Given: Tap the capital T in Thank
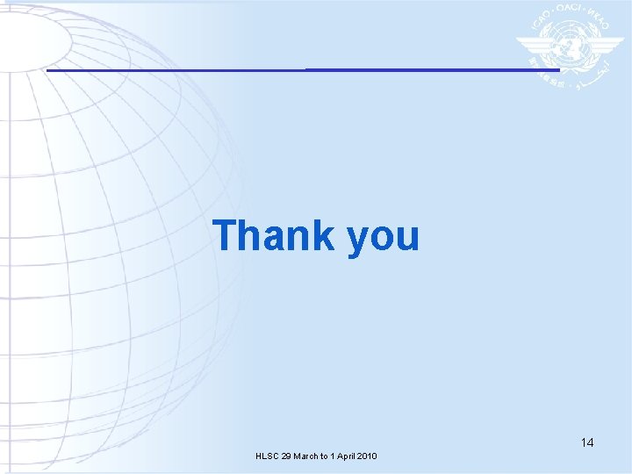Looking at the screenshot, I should point(225,235).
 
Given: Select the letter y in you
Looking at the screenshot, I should point(359,241).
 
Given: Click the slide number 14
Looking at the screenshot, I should point(586,442).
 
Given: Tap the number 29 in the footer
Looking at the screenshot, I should point(286,456).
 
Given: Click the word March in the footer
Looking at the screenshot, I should point(306,456).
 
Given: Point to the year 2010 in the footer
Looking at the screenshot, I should point(369,456).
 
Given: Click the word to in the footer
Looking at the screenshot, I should point(327,456).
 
